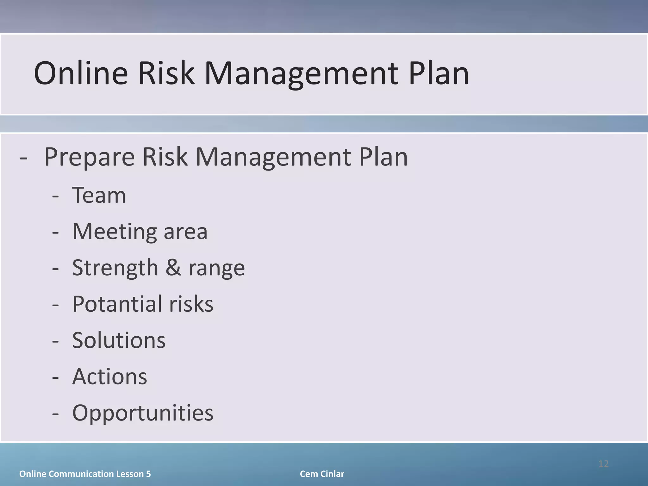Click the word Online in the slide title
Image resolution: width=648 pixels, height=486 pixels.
pos(81,73)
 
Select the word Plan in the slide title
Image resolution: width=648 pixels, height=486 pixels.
pos(439,73)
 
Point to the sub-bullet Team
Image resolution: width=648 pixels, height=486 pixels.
pos(99,195)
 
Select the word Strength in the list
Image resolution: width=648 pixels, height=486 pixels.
pos(115,268)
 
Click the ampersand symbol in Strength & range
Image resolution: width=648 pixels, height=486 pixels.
pos(173,267)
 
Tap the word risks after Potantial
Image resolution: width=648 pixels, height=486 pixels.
pos(191,304)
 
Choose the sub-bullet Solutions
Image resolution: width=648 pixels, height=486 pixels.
pos(119,340)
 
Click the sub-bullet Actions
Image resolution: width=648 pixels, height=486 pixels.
pos(109,377)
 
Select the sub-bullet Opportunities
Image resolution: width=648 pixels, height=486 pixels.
pos(143,413)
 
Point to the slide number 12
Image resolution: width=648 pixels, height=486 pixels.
pos(603,464)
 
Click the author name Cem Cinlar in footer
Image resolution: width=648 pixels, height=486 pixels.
pos(322,474)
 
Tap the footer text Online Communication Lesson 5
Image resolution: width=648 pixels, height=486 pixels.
pos(85,474)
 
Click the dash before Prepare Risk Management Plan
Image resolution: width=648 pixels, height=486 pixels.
pos(23,158)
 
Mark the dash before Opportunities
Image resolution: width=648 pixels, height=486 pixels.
pos(55,413)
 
